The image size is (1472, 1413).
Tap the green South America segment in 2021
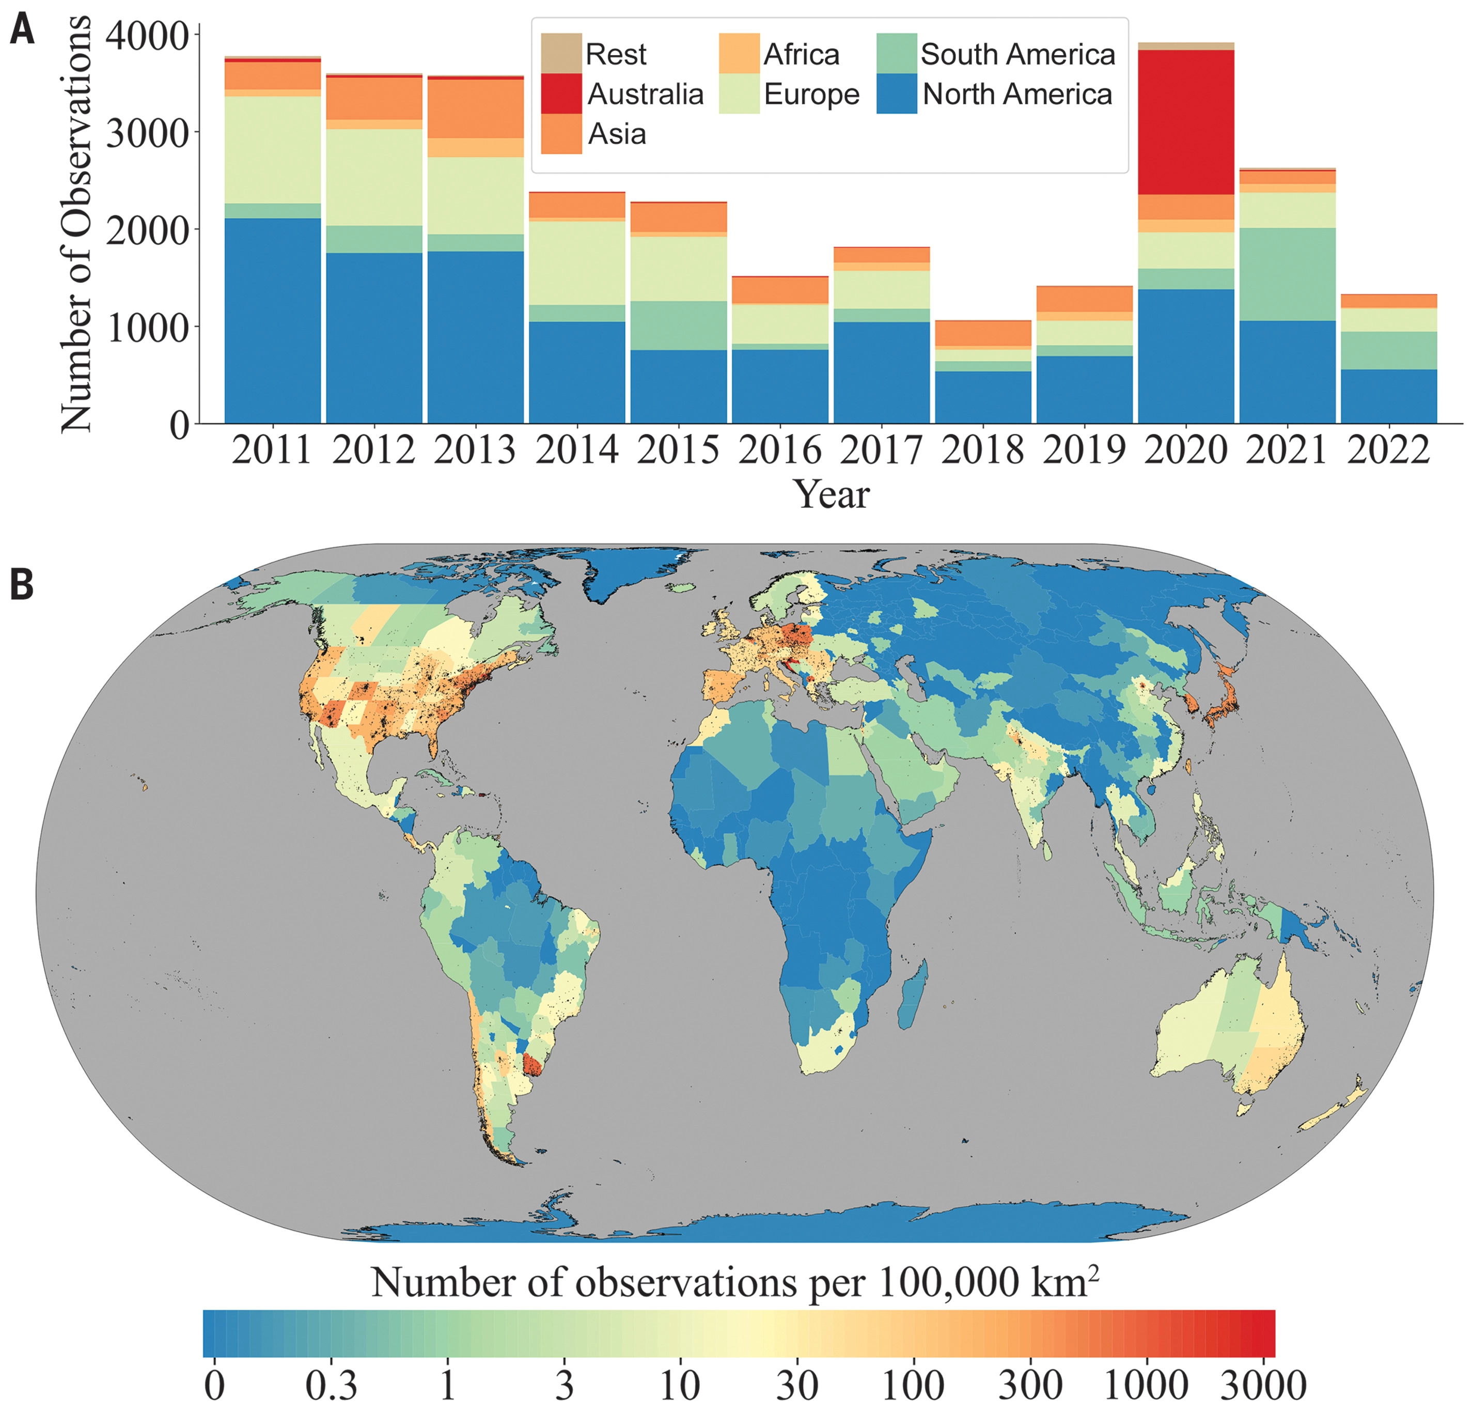click(x=1287, y=274)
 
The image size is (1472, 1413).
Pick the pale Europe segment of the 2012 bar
click(x=374, y=177)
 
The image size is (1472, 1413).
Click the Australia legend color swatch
click(x=561, y=94)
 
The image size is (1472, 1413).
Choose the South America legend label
click(x=1017, y=55)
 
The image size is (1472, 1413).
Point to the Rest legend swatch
click(x=561, y=53)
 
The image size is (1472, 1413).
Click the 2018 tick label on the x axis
click(x=982, y=451)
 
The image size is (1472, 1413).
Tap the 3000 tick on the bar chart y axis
click(x=147, y=133)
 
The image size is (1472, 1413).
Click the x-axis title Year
click(x=832, y=494)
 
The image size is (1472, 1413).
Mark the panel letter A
click(x=23, y=32)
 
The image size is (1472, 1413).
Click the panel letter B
click(x=22, y=584)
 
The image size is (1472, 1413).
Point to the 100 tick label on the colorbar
click(x=913, y=1385)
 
